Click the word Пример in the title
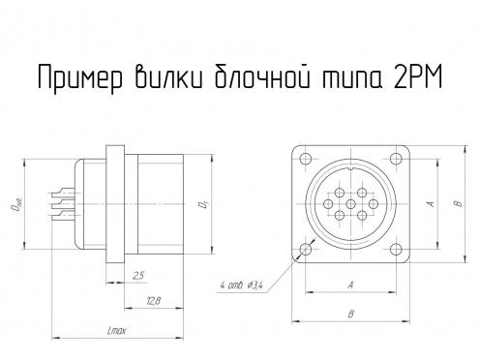click(80, 77)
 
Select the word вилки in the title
click(168, 76)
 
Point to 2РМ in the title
click(417, 76)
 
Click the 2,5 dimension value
click(138, 276)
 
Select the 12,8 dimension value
click(153, 301)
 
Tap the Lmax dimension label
click(117, 330)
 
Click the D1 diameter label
click(204, 204)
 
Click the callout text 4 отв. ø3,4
click(242, 285)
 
